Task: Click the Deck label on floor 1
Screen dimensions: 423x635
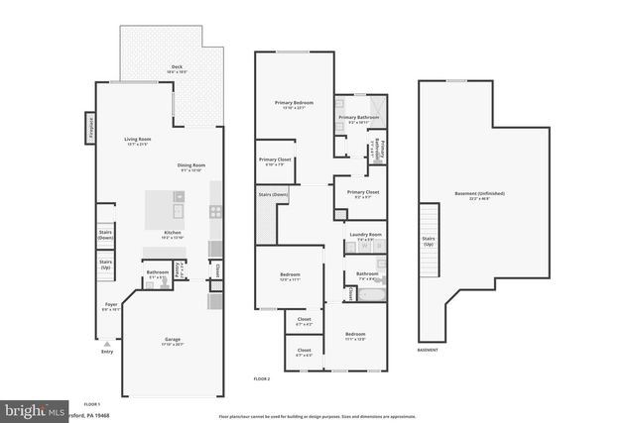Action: pos(176,68)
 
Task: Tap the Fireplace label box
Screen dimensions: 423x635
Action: pos(88,128)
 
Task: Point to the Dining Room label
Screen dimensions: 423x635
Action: pos(191,166)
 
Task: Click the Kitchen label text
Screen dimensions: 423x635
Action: pos(172,234)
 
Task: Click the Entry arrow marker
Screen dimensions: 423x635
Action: pos(107,344)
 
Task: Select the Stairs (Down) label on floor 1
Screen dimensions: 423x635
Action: pos(105,235)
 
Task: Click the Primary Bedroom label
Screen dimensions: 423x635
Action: pos(294,104)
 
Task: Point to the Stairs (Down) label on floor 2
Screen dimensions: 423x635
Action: pos(273,195)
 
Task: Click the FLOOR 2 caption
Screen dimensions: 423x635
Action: pos(262,378)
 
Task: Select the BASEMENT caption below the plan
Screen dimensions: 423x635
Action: pos(427,350)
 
